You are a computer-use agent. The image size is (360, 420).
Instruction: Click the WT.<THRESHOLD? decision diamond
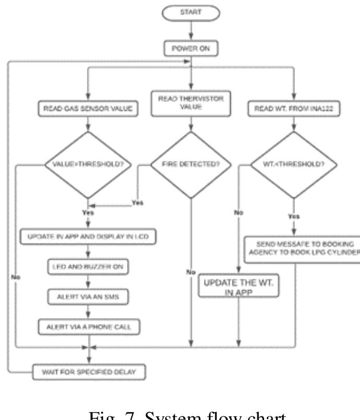click(x=294, y=167)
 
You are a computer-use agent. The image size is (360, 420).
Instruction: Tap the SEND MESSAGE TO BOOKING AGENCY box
click(x=302, y=249)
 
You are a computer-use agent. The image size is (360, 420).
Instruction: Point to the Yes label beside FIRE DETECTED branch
click(x=138, y=202)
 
